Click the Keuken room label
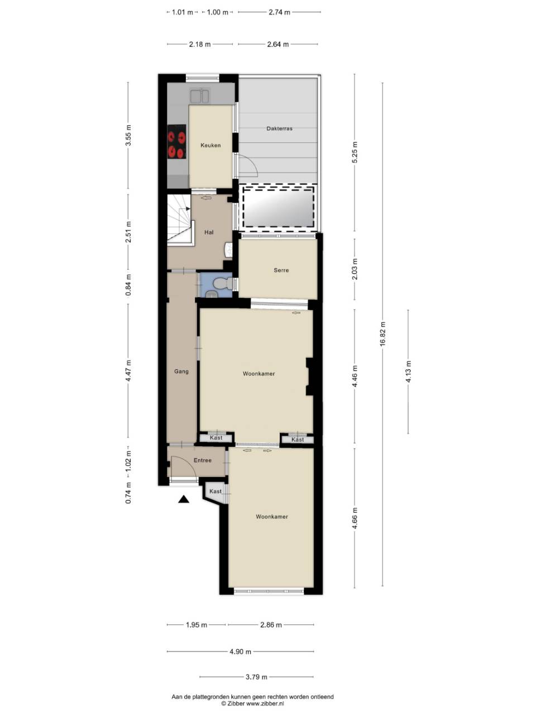coord(210,145)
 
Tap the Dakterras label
coord(279,128)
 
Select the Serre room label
coord(281,270)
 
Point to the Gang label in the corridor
coord(181,371)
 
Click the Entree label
coord(202,461)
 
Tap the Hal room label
coord(209,232)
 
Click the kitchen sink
coord(199,97)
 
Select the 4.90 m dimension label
coord(241,651)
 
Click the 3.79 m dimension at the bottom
coord(256,677)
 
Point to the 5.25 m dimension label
coord(355,152)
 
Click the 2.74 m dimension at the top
coord(279,12)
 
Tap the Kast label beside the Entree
coord(216,492)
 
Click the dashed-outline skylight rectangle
coord(278,207)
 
